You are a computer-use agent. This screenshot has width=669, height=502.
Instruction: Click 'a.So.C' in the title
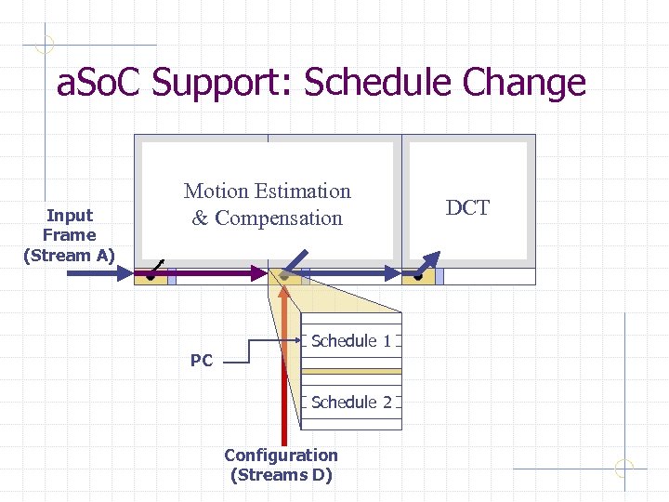(x=100, y=83)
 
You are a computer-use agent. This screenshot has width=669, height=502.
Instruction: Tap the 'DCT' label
(x=467, y=207)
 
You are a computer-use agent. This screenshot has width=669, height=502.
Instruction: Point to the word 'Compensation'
(x=279, y=218)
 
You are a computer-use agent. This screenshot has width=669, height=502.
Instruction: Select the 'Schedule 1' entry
(x=351, y=341)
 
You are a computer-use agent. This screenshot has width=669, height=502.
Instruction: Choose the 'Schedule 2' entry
(x=351, y=403)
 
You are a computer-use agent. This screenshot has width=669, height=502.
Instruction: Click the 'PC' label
(x=202, y=361)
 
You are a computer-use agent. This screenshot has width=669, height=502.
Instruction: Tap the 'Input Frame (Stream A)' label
(x=69, y=235)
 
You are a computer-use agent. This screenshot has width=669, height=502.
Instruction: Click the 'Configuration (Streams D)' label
(x=281, y=465)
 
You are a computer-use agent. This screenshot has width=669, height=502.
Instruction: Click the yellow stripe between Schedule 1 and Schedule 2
(x=351, y=371)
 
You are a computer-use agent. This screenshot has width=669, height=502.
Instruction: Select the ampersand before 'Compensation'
(x=200, y=218)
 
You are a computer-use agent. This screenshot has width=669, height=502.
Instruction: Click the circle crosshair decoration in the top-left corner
(x=44, y=44)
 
